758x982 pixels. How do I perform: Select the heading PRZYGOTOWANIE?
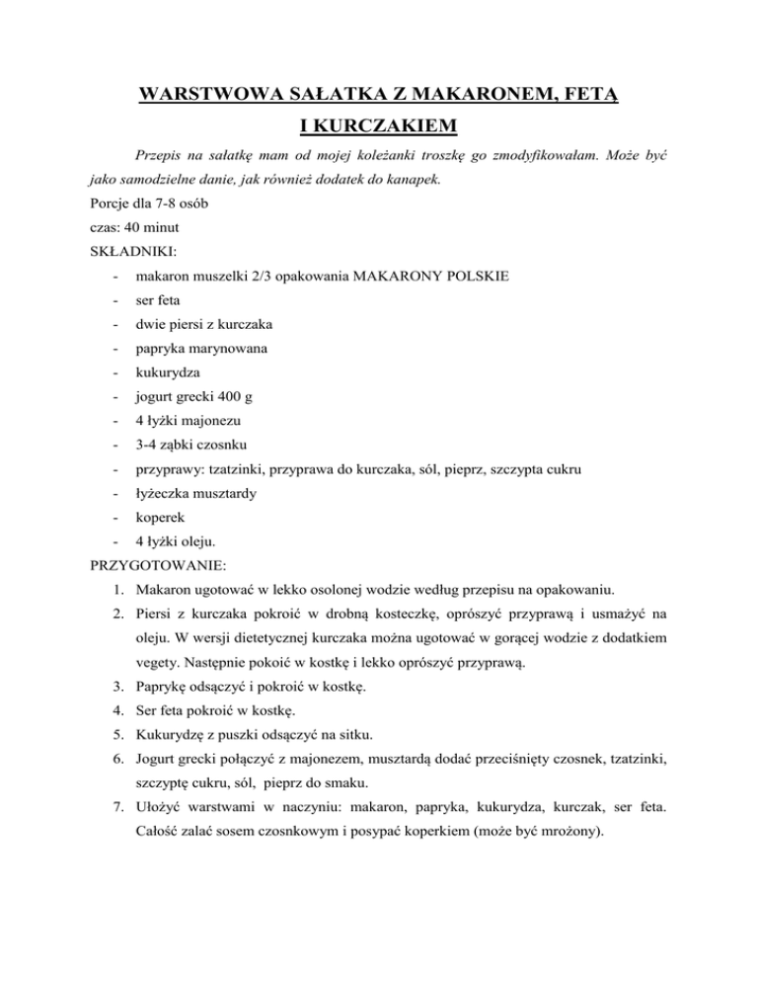156,567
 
